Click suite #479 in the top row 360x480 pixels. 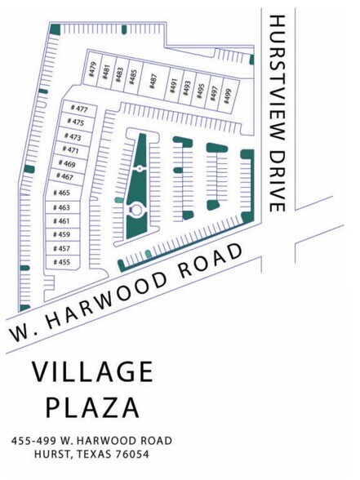coord(92,70)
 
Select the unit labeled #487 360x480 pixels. coord(153,80)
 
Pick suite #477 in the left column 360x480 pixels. coord(79,109)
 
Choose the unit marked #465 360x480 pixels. coord(61,193)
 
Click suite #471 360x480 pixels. coord(71,150)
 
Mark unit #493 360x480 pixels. coord(186,87)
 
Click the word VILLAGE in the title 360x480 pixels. coord(92,372)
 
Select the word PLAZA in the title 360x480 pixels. coord(92,407)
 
